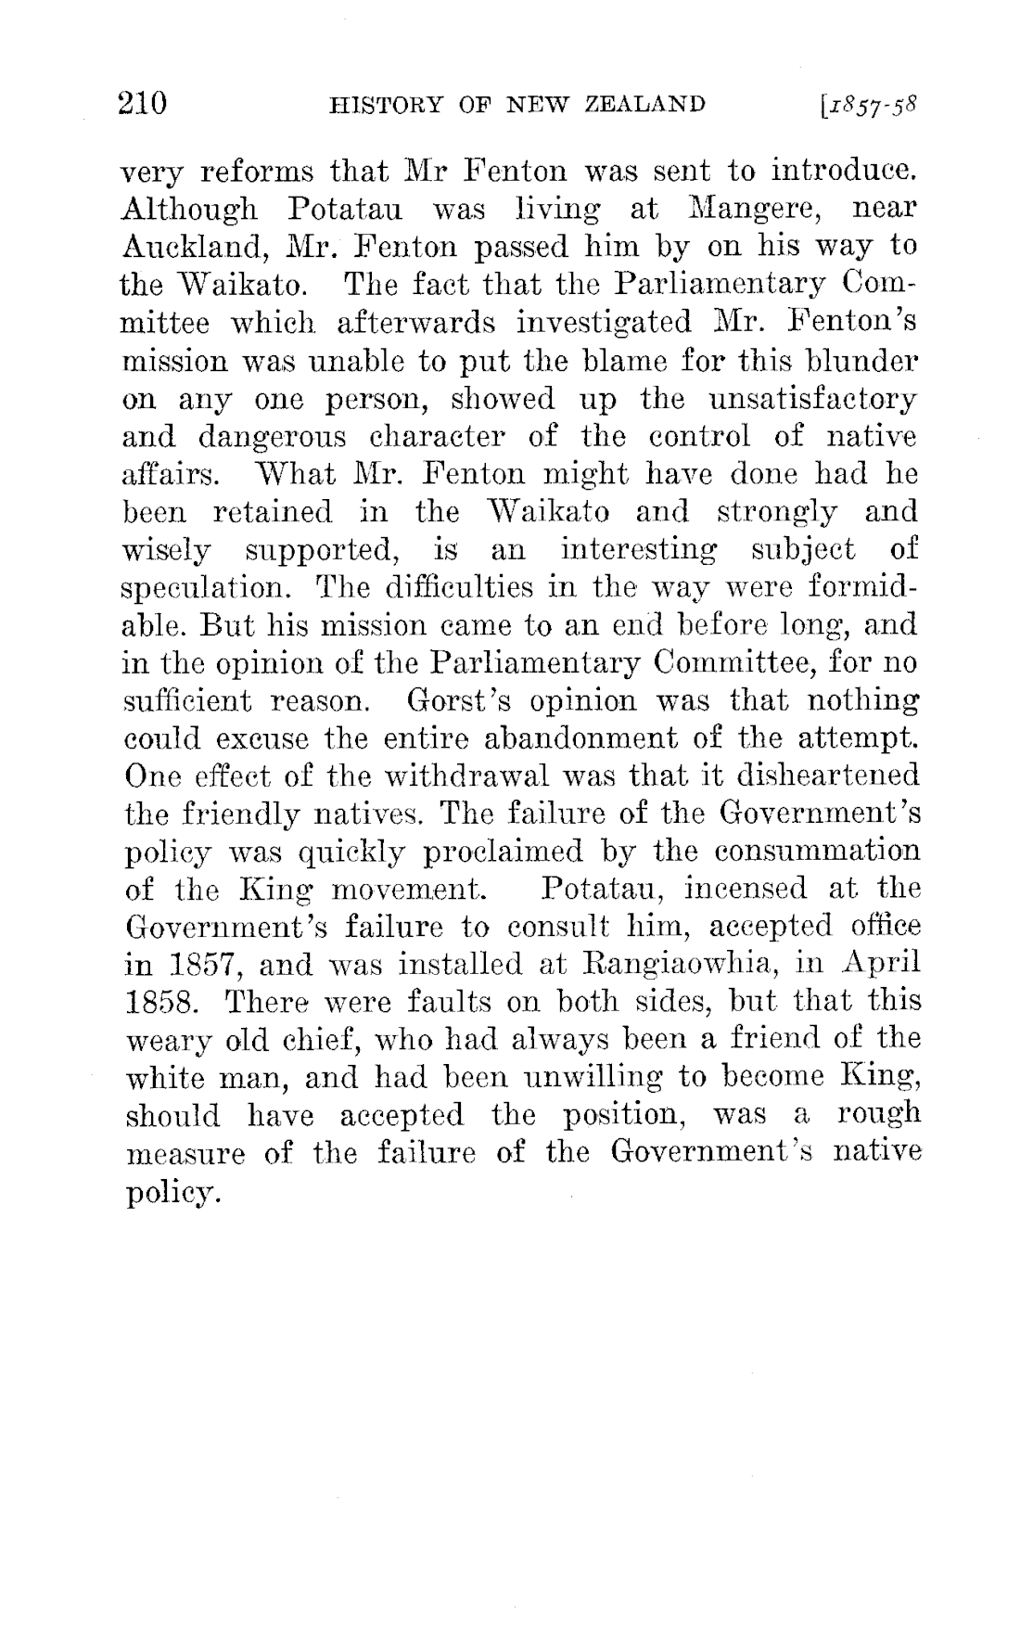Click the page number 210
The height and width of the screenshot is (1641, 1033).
pos(143,102)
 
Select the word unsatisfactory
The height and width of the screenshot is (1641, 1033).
pos(811,399)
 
